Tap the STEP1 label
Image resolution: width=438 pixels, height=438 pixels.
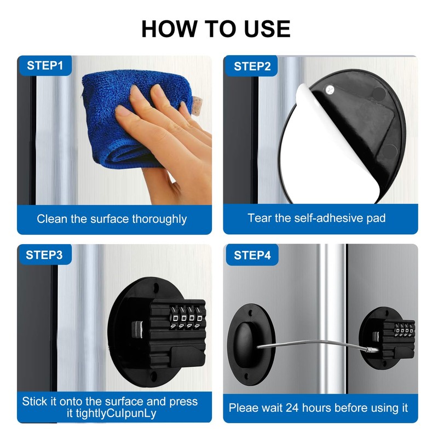pyautogui.click(x=45, y=66)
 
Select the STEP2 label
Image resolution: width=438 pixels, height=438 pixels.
pyautogui.click(x=252, y=66)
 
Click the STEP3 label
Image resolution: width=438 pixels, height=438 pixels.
pyautogui.click(x=45, y=255)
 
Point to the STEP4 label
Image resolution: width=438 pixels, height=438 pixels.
pyautogui.click(x=252, y=255)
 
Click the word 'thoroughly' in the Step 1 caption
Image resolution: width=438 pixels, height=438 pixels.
pyautogui.click(x=159, y=219)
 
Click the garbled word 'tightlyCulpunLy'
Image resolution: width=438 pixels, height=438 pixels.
pyautogui.click(x=115, y=413)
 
